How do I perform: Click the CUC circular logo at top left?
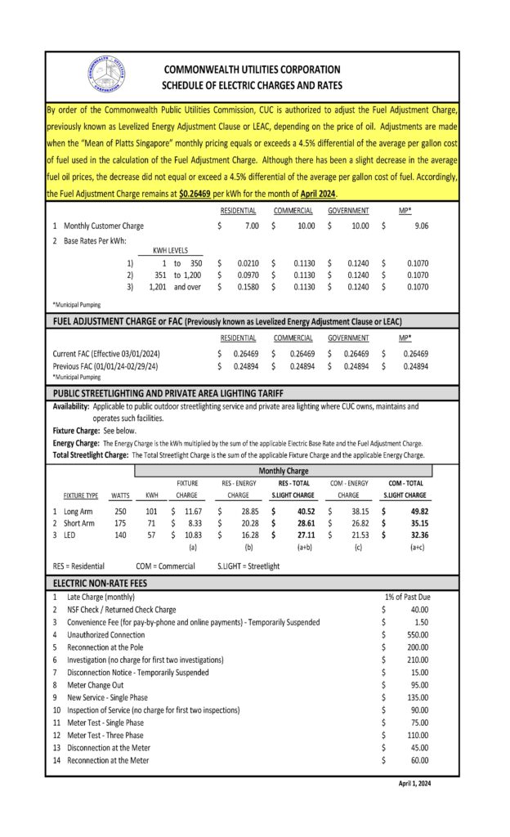tap(105, 74)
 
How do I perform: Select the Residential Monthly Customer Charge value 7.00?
tap(250, 225)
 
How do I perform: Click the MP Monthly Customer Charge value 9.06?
tap(418, 225)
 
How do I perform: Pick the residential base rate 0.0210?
tap(248, 264)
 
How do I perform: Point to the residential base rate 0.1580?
tap(248, 288)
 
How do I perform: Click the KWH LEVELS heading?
tap(170, 251)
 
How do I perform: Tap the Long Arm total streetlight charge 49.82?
tap(417, 511)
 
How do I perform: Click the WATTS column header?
tap(120, 495)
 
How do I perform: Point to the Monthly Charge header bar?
tap(283, 471)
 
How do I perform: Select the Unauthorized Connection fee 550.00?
tap(417, 634)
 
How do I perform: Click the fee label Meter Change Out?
tap(96, 685)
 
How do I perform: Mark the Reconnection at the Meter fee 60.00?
tap(418, 760)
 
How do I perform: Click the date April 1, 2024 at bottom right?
tap(414, 783)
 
